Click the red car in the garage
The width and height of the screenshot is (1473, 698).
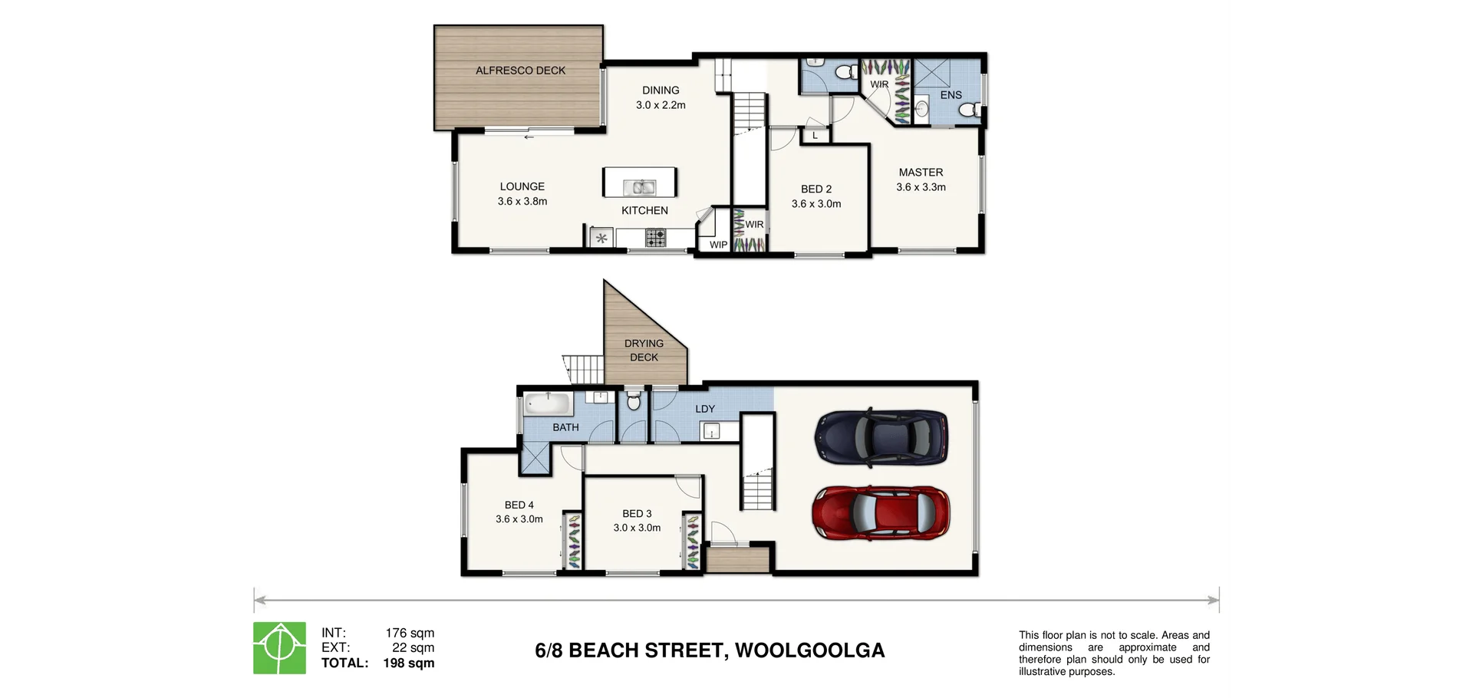coord(881,513)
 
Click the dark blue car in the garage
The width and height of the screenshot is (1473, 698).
coord(881,438)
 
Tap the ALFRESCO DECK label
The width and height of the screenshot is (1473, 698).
coord(520,71)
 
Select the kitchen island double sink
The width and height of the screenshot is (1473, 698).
coord(639,186)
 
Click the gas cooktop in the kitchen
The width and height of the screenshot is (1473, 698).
coord(655,239)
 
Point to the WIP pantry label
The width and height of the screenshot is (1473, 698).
coord(718,245)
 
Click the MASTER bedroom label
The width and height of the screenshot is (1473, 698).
coord(921,173)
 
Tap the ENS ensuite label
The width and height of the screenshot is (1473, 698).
coord(951,95)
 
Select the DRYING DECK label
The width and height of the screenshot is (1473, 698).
coord(644,351)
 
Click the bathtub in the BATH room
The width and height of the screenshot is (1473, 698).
coord(547,403)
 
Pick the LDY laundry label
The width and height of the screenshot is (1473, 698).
coord(705,409)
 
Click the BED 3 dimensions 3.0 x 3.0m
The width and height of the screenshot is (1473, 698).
coord(637,528)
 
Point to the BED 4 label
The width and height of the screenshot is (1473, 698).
coord(519,505)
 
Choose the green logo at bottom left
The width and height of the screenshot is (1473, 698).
coord(280,648)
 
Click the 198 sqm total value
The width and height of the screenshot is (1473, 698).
coord(408,663)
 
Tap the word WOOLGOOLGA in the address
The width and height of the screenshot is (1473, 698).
coord(809,650)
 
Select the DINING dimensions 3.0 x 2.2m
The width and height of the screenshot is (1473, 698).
coord(661,105)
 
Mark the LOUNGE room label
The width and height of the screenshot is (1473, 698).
coord(522,186)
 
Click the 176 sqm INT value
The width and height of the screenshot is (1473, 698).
coord(410,634)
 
